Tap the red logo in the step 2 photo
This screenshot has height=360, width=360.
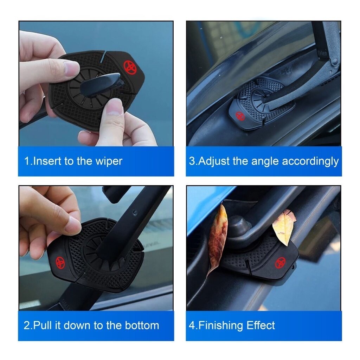coord(60,262)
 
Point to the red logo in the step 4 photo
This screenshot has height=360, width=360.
coord(280,263)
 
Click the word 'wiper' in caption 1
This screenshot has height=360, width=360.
coord(109,161)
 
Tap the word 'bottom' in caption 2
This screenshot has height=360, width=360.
coord(142,325)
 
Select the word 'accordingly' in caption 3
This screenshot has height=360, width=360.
coord(310,161)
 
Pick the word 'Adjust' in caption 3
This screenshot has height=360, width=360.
coord(214,161)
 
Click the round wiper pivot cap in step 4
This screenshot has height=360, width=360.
coord(239,226)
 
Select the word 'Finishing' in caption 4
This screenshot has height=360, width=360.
coord(220,326)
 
